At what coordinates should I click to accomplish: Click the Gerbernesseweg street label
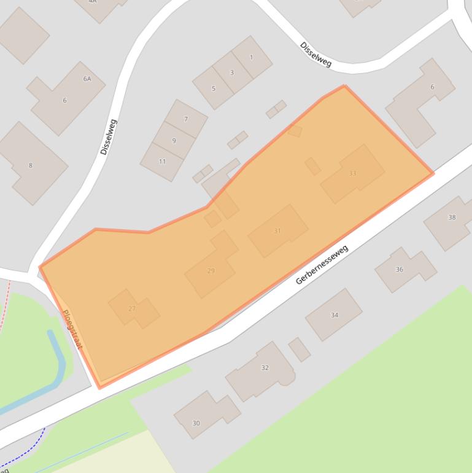click(322, 265)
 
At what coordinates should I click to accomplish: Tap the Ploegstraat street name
click(72, 329)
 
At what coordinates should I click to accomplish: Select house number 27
click(132, 308)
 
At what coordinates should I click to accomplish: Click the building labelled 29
click(211, 271)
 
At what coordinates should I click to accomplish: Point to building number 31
click(277, 231)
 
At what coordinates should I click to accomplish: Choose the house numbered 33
click(352, 173)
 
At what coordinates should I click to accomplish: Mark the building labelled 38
click(452, 217)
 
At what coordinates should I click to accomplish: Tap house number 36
click(400, 269)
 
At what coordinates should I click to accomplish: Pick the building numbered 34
click(335, 315)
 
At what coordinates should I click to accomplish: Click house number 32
click(265, 367)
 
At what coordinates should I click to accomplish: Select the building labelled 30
click(196, 423)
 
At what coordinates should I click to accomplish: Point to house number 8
click(30, 165)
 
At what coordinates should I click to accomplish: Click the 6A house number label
click(87, 79)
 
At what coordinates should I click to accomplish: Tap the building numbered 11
click(162, 162)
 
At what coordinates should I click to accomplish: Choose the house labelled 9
click(174, 141)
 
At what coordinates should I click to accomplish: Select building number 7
click(186, 119)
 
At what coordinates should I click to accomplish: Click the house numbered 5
click(214, 88)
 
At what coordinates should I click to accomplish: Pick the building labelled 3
click(232, 72)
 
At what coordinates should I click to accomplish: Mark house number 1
click(251, 57)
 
